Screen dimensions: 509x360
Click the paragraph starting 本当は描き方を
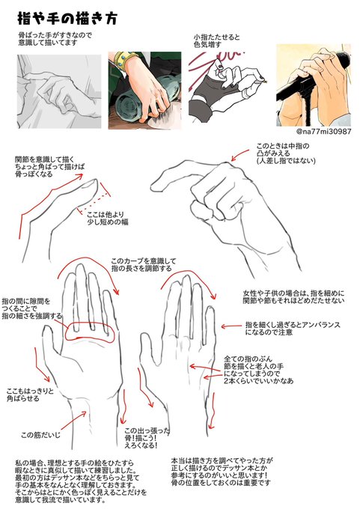(252, 473)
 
